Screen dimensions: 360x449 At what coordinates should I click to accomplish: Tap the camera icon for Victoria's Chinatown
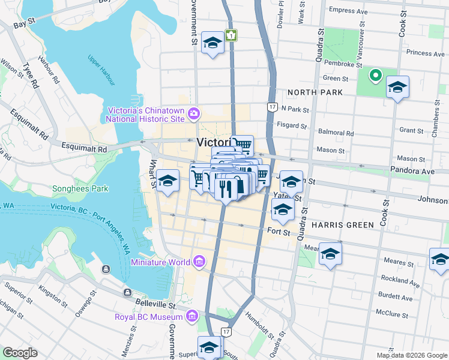(194, 113)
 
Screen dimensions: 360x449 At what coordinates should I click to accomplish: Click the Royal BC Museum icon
(191, 316)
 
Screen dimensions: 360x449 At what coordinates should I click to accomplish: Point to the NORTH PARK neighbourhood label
(315, 92)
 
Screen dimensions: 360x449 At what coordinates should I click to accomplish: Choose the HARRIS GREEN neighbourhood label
(342, 224)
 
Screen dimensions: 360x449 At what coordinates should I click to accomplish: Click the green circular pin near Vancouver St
(375, 76)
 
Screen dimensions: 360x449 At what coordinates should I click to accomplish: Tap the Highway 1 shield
(231, 35)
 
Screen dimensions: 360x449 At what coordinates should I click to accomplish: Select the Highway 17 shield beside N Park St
(271, 107)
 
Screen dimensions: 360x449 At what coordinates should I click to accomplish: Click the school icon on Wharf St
(168, 180)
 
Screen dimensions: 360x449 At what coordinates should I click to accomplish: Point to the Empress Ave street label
(348, 11)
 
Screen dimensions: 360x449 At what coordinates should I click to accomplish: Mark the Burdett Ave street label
(394, 298)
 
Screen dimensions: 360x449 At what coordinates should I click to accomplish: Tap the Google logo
(20, 353)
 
